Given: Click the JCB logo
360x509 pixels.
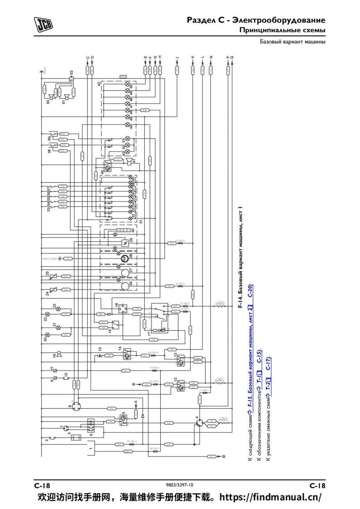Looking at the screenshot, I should [x=43, y=23].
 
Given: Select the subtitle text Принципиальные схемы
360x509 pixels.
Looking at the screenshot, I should [x=282, y=30].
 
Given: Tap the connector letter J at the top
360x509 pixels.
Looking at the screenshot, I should [x=177, y=58].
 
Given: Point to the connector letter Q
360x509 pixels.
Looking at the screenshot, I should [x=232, y=58].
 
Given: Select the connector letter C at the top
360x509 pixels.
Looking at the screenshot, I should [x=88, y=58].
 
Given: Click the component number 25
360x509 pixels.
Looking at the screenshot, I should [x=47, y=274].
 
